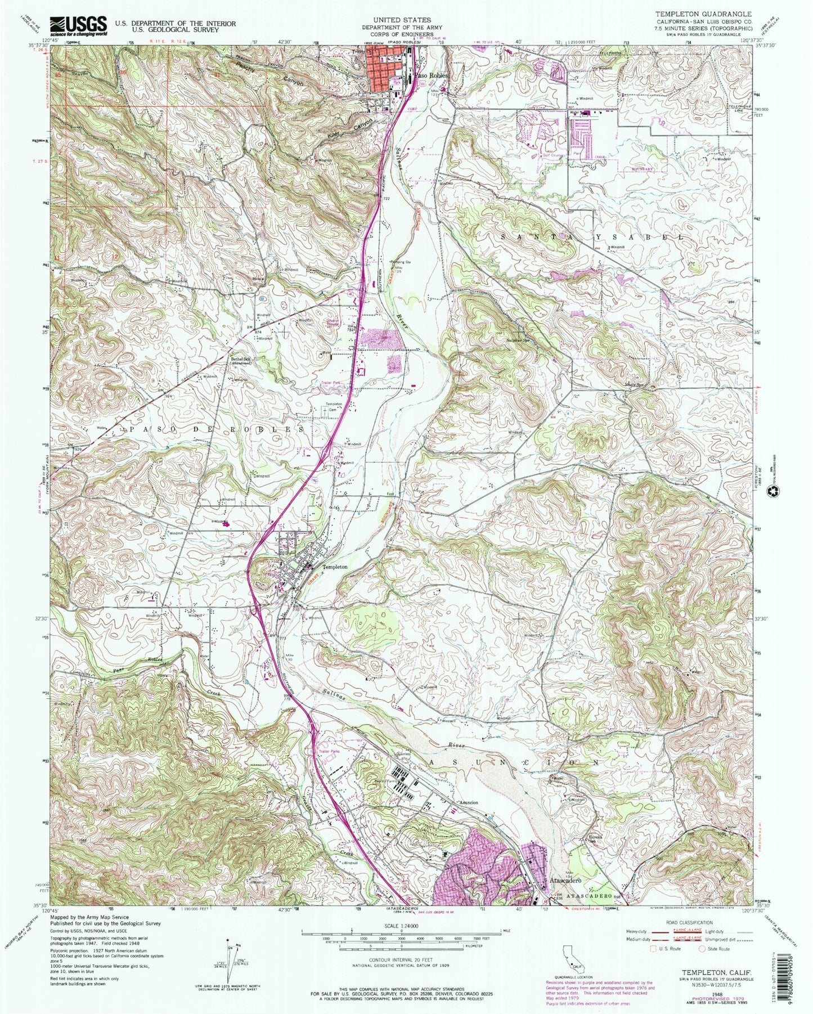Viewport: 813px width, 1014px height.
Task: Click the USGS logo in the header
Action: pos(78,25)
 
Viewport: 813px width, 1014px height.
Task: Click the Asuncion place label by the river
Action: pos(468,802)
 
